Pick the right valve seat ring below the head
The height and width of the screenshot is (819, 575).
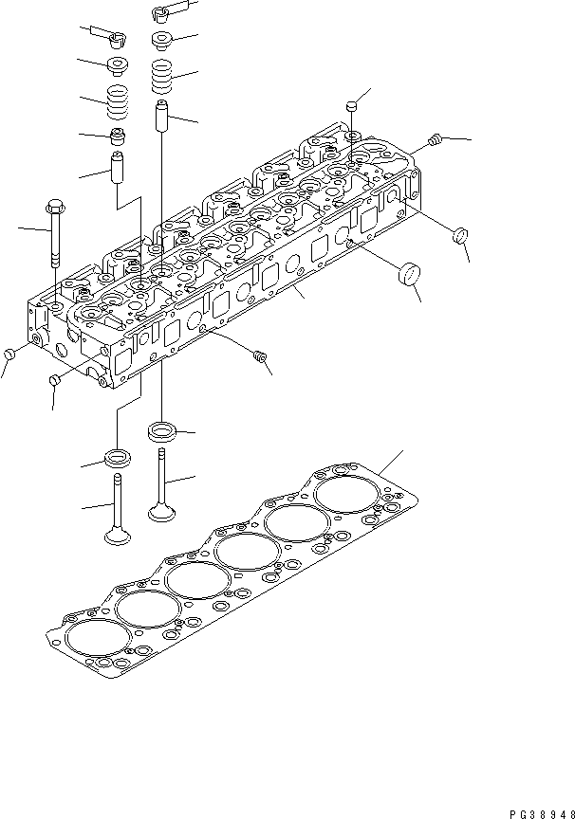163,433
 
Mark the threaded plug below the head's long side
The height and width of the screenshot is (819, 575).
262,356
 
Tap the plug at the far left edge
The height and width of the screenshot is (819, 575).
9,354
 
